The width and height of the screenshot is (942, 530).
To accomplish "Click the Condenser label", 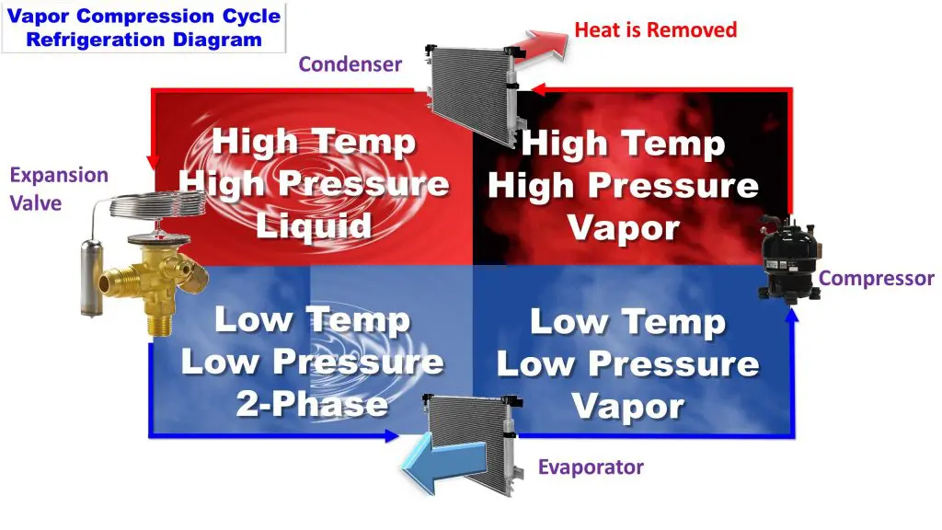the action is point(350,64).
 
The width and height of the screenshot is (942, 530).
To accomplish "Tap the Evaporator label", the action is point(591,467).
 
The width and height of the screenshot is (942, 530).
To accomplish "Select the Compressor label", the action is point(877,278).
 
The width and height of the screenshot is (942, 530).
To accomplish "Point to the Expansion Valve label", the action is point(59,189).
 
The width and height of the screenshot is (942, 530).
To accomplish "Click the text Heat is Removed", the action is point(655,29).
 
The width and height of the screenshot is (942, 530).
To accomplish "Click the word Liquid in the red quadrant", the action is point(314,226).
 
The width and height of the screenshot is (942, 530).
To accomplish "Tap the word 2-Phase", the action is point(312,404).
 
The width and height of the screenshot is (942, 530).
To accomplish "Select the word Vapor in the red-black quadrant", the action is point(624,228).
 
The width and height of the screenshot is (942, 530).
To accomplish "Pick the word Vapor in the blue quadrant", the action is point(627,407).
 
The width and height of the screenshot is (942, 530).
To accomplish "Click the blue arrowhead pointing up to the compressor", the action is point(793,315).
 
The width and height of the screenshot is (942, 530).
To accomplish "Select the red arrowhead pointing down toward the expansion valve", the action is point(154,162).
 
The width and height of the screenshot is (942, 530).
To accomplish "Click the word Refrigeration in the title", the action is point(96,40).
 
